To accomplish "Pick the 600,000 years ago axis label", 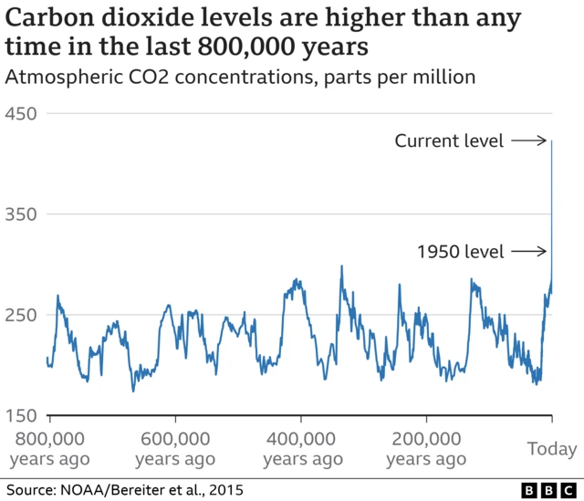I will pyautogui.click(x=175, y=448).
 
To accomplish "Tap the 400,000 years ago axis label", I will pyautogui.click(x=302, y=448).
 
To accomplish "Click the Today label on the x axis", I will pyautogui.click(x=552, y=448).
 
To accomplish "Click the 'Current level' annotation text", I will pyautogui.click(x=448, y=141).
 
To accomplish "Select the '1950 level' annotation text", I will pyautogui.click(x=460, y=252).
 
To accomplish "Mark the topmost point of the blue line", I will pyautogui.click(x=552, y=141).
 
